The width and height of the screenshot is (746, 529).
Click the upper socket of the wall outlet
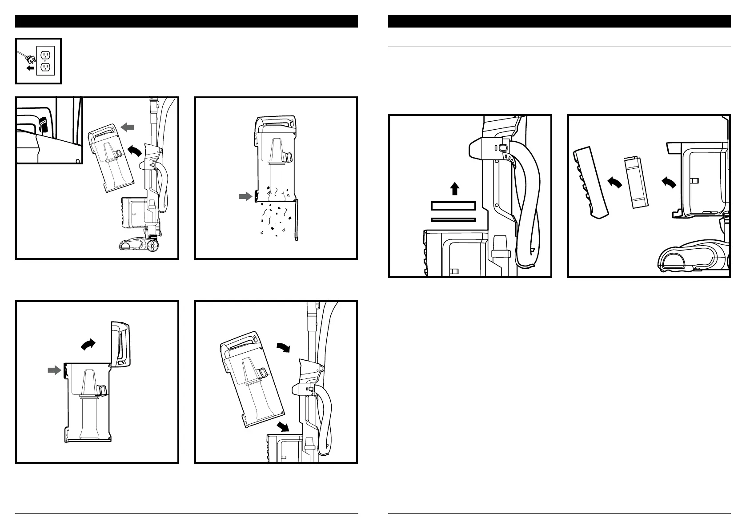click(x=45, y=55)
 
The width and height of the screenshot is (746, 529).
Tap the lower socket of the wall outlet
click(x=45, y=68)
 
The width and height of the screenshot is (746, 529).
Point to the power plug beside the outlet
click(x=31, y=58)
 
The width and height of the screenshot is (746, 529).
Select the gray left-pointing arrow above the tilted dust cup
click(x=128, y=127)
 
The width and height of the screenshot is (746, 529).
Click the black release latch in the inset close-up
click(x=43, y=125)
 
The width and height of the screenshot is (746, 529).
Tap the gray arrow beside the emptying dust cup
click(x=245, y=197)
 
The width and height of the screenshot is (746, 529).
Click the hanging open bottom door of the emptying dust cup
click(x=297, y=220)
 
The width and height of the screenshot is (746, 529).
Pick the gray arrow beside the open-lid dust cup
click(x=54, y=370)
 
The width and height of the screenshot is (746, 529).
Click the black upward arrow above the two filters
click(x=454, y=189)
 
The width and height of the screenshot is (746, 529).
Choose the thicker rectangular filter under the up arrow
click(x=453, y=206)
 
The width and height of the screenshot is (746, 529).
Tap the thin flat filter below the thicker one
click(x=453, y=219)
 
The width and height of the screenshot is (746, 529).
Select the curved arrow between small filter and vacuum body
click(x=669, y=181)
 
